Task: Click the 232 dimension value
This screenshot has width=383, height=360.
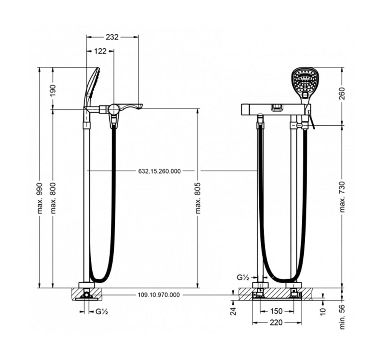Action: click(112, 37)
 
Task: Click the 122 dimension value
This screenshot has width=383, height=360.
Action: click(100, 51)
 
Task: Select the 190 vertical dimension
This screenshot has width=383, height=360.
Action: click(53, 90)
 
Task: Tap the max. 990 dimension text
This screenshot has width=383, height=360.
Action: click(39, 198)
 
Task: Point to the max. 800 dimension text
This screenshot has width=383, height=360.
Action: click(53, 198)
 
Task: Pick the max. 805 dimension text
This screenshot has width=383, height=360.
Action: click(198, 198)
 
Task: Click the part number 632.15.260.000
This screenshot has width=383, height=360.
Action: click(159, 171)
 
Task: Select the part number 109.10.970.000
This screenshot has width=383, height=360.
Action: click(159, 295)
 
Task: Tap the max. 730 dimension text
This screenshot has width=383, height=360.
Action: click(342, 197)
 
